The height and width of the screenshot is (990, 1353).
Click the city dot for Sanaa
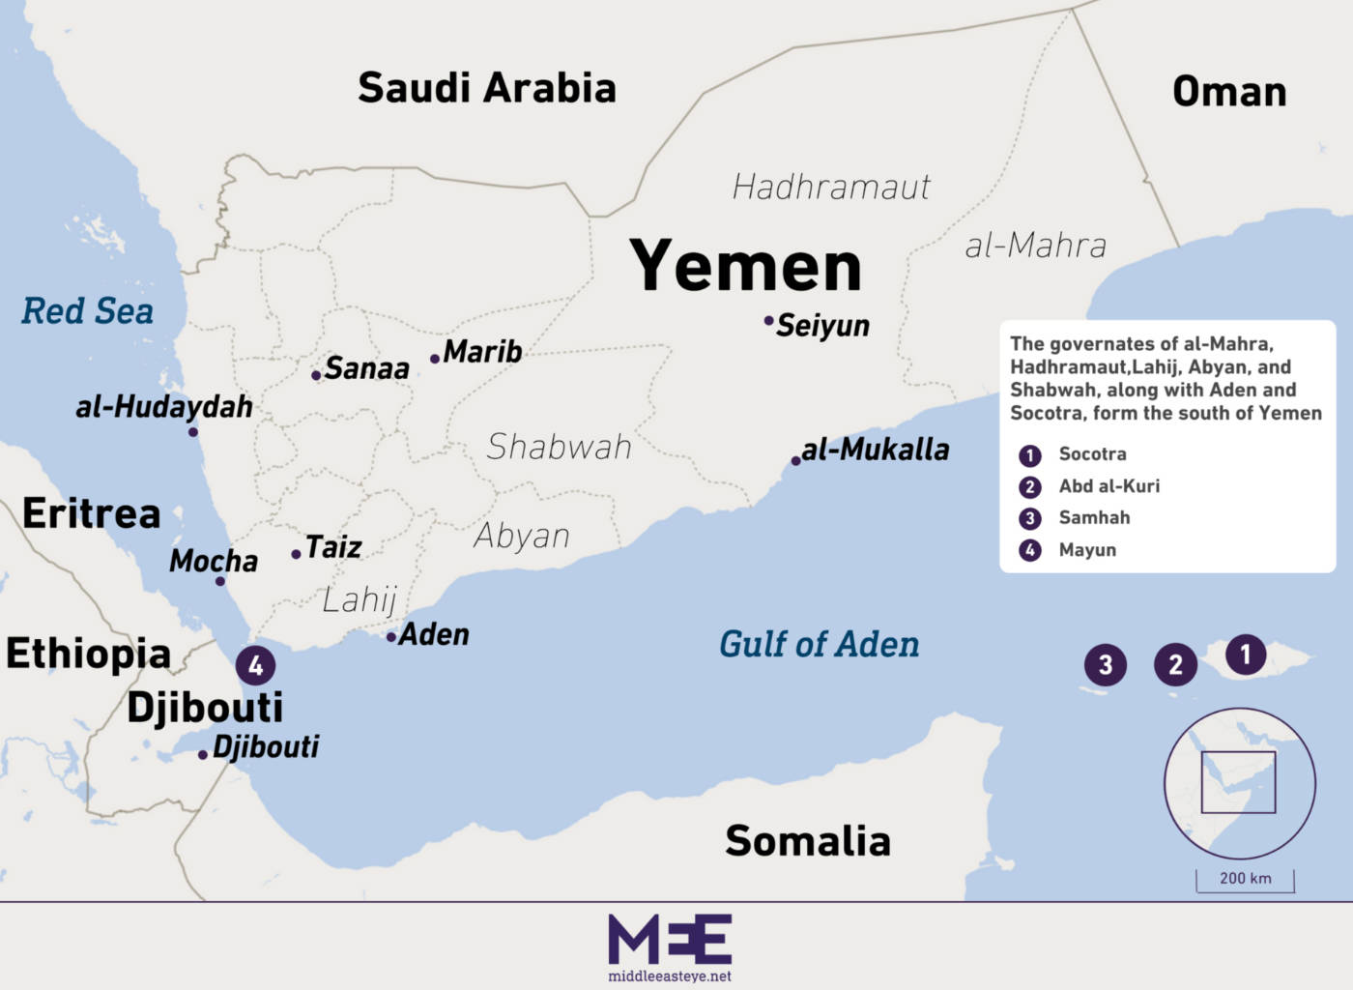pyautogui.click(x=316, y=375)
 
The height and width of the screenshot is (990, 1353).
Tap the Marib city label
pyautogui.click(x=482, y=351)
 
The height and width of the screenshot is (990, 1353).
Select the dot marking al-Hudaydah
pyautogui.click(x=193, y=431)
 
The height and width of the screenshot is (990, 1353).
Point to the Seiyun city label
pyautogui.click(x=822, y=326)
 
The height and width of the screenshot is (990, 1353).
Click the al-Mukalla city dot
pyautogui.click(x=795, y=461)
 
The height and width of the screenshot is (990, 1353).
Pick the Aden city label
pyautogui.click(x=434, y=634)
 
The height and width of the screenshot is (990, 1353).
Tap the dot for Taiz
pyautogui.click(x=296, y=554)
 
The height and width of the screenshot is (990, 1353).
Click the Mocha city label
pyautogui.click(x=214, y=561)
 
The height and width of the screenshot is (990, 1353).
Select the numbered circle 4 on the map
pyautogui.click(x=256, y=665)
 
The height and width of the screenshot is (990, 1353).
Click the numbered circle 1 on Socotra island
pyautogui.click(x=1246, y=655)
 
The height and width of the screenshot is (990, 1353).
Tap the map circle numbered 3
pyautogui.click(x=1106, y=664)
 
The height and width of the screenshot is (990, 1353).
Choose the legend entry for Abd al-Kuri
pyautogui.click(x=1108, y=486)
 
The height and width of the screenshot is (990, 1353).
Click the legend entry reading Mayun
pyautogui.click(x=1087, y=550)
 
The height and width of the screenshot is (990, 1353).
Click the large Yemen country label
pyautogui.click(x=745, y=266)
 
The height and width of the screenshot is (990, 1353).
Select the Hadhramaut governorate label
pyautogui.click(x=831, y=187)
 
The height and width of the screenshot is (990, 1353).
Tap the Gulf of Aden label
pyautogui.click(x=819, y=644)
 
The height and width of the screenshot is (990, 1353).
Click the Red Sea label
pyautogui.click(x=88, y=311)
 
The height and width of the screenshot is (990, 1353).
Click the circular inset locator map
pyautogui.click(x=1239, y=783)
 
